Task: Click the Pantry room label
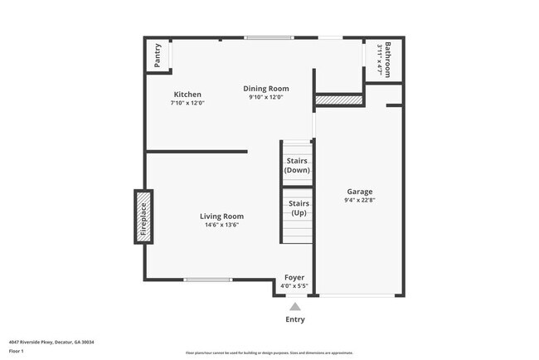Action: [158, 56]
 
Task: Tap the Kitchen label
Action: [187, 95]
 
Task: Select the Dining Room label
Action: [266, 89]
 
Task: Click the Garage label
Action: [359, 191]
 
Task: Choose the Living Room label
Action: [221, 216]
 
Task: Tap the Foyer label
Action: [294, 277]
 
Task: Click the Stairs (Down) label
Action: [297, 165]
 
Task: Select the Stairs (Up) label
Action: [299, 207]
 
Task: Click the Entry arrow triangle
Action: [294, 306]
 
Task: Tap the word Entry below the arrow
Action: [295, 319]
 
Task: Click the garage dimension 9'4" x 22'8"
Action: [359, 200]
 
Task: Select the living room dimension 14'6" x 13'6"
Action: [221, 225]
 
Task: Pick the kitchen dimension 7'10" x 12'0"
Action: [187, 103]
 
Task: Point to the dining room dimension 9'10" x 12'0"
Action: [266, 97]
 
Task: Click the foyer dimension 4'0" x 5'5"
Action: [294, 286]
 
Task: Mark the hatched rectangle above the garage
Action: [339, 100]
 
